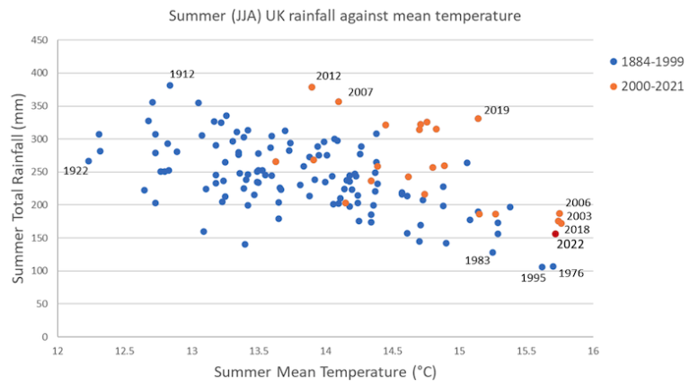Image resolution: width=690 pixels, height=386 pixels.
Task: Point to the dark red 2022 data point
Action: [555, 234]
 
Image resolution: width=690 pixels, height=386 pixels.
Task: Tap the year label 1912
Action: [181, 74]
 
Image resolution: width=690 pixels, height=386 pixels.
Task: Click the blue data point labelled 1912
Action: [170, 85]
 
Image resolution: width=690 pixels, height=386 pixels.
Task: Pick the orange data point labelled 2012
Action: [312, 87]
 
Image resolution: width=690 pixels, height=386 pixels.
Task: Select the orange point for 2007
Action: [339, 102]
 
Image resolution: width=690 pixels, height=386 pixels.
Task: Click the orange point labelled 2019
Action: [478, 119]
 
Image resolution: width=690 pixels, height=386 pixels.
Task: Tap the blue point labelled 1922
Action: [88, 161]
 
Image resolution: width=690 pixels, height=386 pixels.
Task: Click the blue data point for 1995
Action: [542, 267]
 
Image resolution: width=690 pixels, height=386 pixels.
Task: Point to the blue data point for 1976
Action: [553, 266]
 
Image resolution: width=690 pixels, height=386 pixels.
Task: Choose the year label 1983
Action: [478, 261]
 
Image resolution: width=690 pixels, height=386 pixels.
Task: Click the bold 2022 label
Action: [571, 244]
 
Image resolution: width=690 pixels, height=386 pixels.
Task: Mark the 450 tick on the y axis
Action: [40, 40]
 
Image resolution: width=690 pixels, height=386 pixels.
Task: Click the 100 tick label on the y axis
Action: [40, 271]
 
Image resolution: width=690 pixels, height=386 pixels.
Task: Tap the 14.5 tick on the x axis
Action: [393, 350]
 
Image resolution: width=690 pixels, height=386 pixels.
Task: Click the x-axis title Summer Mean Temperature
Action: [324, 372]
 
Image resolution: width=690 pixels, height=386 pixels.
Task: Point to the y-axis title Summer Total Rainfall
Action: [16, 190]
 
